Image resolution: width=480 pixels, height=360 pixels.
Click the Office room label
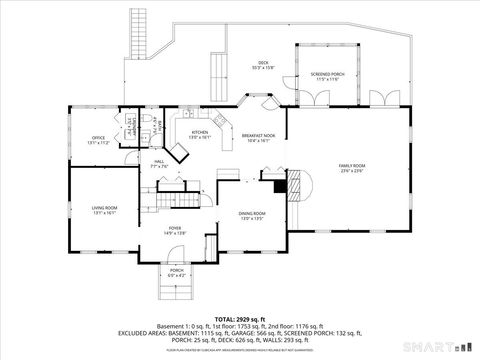(x=97, y=139)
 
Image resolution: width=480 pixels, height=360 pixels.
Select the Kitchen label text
(x=200, y=134)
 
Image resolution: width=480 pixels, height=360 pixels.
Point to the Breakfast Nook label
(x=259, y=138)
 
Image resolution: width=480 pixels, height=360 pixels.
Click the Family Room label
(x=352, y=168)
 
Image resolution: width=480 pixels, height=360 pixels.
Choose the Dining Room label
(x=252, y=215)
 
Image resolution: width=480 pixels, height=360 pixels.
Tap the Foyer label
(x=175, y=230)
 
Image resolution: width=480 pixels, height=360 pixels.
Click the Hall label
(x=159, y=163)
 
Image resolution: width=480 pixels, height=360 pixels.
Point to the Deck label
(x=263, y=65)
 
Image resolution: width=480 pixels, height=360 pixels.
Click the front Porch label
(x=176, y=272)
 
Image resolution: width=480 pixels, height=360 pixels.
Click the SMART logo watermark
(x=418, y=346)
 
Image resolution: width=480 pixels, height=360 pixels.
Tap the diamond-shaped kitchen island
(x=180, y=152)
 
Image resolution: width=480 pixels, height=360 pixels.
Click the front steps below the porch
(x=175, y=291)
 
